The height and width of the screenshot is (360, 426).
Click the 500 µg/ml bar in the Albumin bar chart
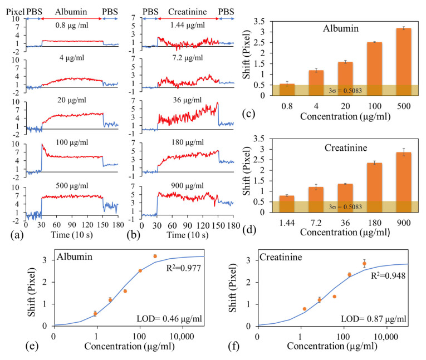pyautogui.click(x=404, y=62)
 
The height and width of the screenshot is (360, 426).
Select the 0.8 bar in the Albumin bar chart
pyautogui.click(x=287, y=90)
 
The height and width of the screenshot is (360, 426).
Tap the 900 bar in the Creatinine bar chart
pyautogui.click(x=404, y=182)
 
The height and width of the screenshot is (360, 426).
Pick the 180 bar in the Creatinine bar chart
pyautogui.click(x=375, y=188)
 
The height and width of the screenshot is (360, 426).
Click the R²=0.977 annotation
pyautogui.click(x=184, y=268)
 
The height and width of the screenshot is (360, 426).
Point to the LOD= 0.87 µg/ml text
pyautogui.click(x=374, y=319)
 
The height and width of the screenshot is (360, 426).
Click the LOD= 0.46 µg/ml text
pyautogui.click(x=169, y=318)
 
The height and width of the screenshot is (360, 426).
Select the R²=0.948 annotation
pyautogui.click(x=388, y=276)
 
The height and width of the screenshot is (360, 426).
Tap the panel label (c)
pyautogui.click(x=248, y=114)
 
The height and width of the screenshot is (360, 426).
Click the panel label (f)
pyautogui.click(x=234, y=347)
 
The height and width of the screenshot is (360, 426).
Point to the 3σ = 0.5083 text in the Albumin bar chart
pyautogui.click(x=345, y=91)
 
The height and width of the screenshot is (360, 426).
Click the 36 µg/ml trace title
pyautogui.click(x=188, y=100)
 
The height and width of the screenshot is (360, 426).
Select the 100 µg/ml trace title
pyautogui.click(x=72, y=142)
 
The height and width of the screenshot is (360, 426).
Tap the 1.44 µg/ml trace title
pyautogui.click(x=188, y=25)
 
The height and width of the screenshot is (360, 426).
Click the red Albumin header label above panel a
pyautogui.click(x=71, y=12)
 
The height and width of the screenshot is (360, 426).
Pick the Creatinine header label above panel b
pyautogui.click(x=188, y=12)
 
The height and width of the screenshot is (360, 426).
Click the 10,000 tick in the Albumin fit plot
pyautogui.click(x=182, y=337)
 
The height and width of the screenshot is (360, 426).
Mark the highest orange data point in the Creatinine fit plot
pyautogui.click(x=365, y=263)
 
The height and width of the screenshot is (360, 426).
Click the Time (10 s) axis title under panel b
pyautogui.click(x=188, y=235)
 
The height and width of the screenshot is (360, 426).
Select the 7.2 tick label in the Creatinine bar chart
pyautogui.click(x=316, y=223)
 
